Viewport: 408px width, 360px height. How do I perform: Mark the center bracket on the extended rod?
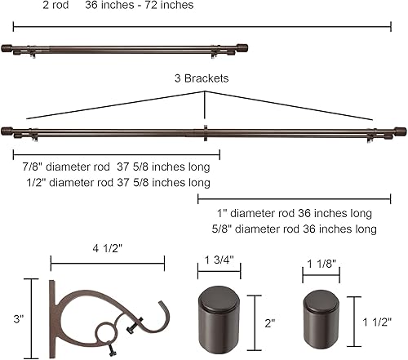pos(204,131)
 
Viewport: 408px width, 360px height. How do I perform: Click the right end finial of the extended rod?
pos(398,131)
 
